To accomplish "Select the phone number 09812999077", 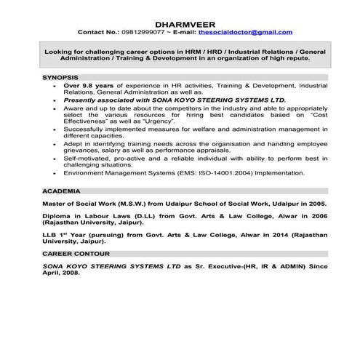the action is [x=143, y=32].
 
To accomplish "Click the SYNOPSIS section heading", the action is [x=60, y=76].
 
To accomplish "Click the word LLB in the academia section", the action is [x=50, y=237].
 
